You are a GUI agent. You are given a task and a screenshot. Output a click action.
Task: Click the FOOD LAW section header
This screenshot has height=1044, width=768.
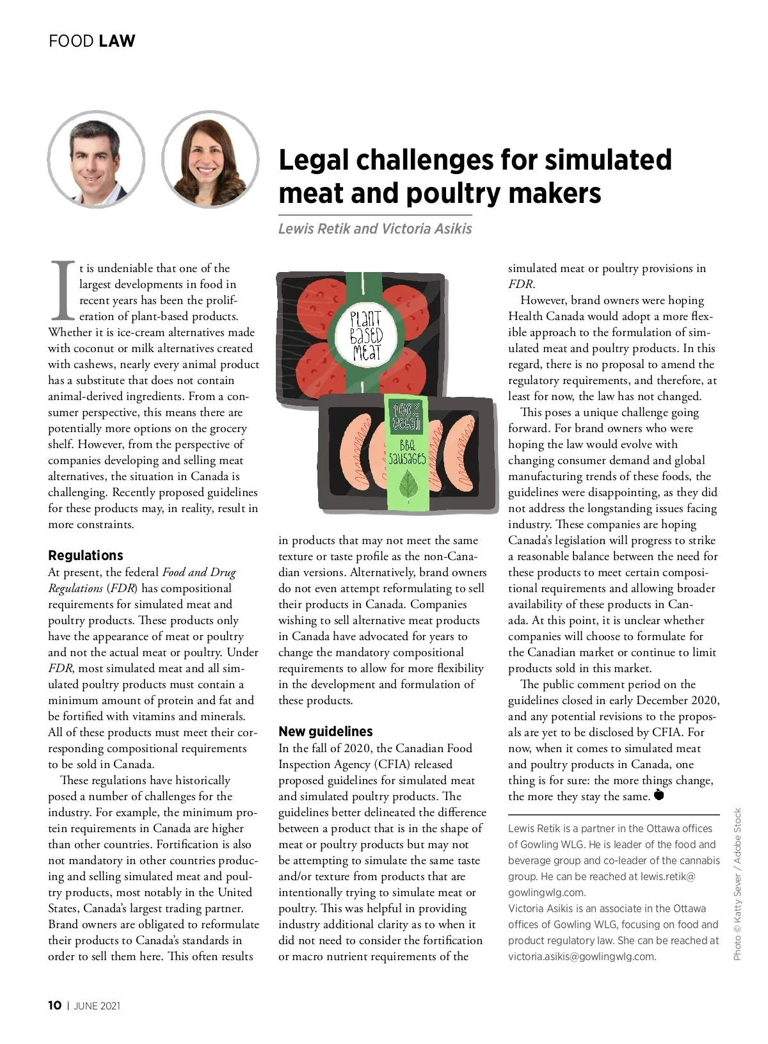[x=92, y=41]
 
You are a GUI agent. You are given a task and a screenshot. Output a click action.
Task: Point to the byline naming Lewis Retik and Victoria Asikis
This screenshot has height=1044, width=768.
[x=374, y=229]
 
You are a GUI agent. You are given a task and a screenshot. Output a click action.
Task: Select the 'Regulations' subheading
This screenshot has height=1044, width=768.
[x=86, y=555]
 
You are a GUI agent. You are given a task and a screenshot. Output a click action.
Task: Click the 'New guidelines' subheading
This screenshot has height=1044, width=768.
[x=325, y=731]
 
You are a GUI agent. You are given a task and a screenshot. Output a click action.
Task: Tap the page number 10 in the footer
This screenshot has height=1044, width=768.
[x=55, y=1005]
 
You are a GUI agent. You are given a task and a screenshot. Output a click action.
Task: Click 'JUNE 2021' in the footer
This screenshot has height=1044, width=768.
[x=97, y=1006]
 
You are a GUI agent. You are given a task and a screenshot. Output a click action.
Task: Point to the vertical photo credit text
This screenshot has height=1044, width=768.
[x=737, y=884]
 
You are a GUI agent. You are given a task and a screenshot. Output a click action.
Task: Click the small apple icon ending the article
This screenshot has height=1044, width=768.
[x=660, y=796]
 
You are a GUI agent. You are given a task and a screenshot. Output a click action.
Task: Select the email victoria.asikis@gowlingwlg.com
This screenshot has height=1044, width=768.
[x=582, y=956]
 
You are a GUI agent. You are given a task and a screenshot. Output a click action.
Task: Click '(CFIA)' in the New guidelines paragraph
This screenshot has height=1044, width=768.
[x=433, y=764]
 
